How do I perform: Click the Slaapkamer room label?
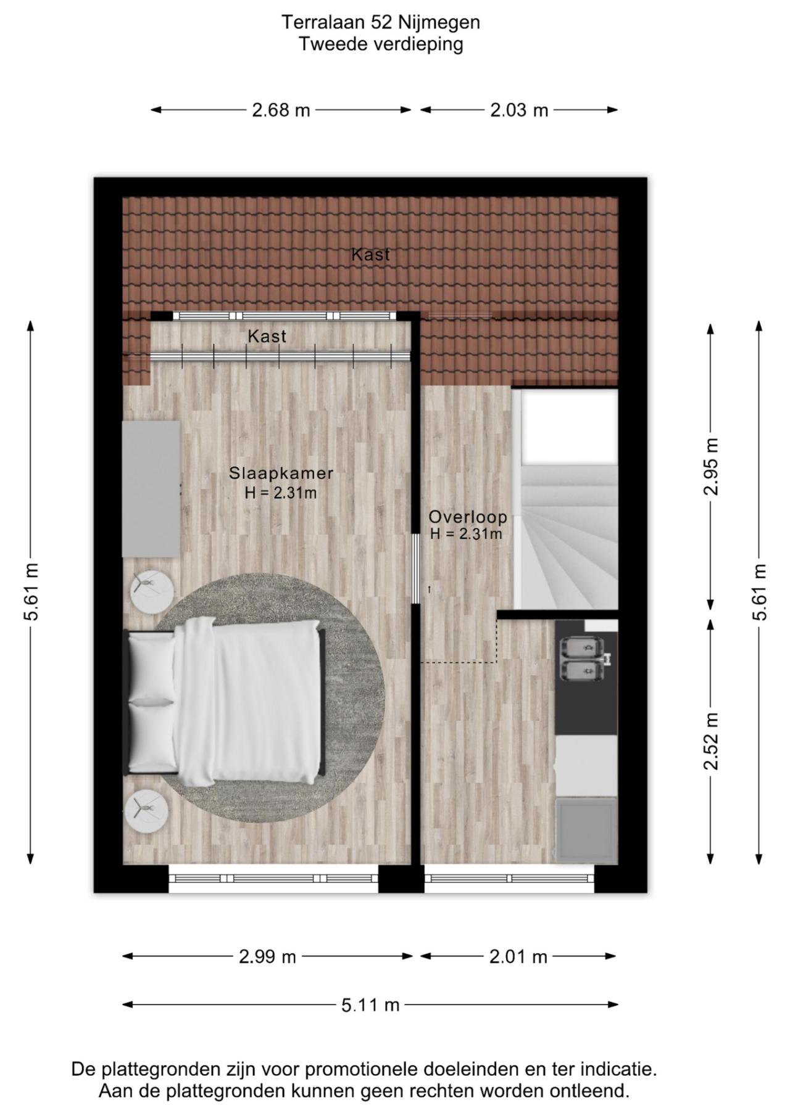pos(281,473)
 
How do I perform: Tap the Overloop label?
pos(468,517)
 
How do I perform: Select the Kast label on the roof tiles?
pos(370,254)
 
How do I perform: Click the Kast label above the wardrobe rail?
pos(267,336)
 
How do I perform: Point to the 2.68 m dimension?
pos(281,110)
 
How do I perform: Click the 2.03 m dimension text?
pos(519,110)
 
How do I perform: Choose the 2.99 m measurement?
pos(267,956)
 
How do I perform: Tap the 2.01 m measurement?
pos(518,956)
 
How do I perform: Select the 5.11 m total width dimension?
pos(370,1005)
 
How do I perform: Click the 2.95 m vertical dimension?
pos(711,466)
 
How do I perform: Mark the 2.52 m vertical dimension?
pos(711,741)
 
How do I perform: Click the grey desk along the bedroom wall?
pos(151,489)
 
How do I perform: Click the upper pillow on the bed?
pos(152,669)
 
